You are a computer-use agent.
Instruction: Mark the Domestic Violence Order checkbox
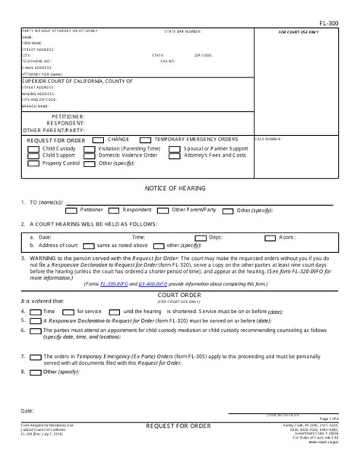coord(90,155)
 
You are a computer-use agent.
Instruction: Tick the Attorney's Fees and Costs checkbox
coord(176,155)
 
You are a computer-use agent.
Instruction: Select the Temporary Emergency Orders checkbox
coord(146,140)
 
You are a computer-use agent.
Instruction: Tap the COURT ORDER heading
coord(179,295)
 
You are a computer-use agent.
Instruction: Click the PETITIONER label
coord(65,116)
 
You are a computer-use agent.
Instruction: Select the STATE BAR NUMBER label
coord(183,32)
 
